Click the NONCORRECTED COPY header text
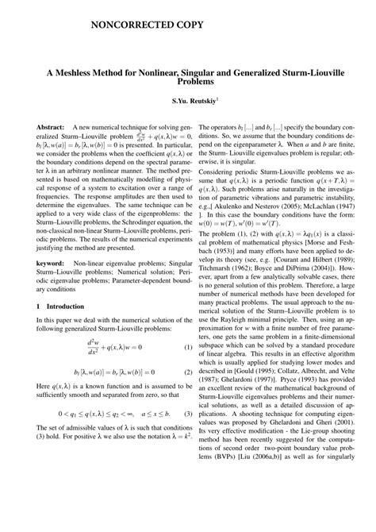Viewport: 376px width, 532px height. [147, 26]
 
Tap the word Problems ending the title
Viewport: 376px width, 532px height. [188, 81]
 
